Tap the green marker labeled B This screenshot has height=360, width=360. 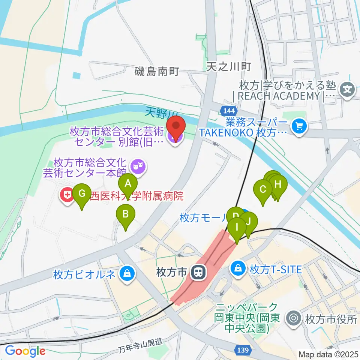[x=126, y=214]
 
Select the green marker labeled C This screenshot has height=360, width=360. [x=263, y=189]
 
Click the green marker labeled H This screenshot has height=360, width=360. [x=278, y=184]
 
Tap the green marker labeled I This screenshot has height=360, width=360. [x=237, y=227]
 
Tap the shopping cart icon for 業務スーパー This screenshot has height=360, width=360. [x=300, y=126]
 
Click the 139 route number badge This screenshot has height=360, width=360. [x=243, y=350]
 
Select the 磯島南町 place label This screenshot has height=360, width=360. [x=157, y=71]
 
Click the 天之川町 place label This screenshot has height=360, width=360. [x=228, y=67]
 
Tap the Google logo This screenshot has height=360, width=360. [x=25, y=351]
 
